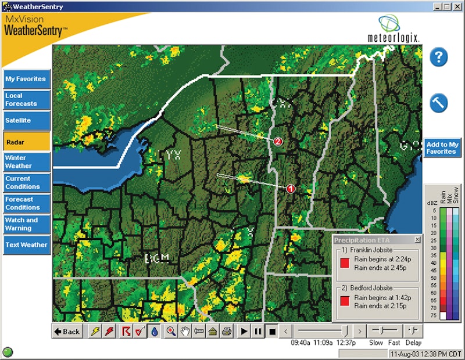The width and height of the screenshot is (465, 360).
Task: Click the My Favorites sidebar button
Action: pos(26,79)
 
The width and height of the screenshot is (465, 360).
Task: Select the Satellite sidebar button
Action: pos(26,120)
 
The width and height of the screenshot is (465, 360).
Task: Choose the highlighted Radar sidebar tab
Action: pos(26,141)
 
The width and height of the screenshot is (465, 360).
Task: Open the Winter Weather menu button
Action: pos(26,162)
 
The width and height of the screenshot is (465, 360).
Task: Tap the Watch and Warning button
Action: pos(26,224)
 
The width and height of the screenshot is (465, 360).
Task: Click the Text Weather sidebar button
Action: pos(26,245)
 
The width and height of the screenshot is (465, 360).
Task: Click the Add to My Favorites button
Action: pos(442,148)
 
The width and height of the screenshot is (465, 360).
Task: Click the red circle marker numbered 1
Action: pos(291,188)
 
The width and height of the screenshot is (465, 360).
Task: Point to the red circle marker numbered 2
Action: pos(278,141)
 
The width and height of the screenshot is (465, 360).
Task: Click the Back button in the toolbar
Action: pos(67,332)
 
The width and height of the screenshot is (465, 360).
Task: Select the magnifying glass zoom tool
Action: pos(171,332)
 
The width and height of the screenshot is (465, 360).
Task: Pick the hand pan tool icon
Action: pos(185,332)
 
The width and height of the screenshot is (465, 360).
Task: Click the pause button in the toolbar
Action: pos(257,332)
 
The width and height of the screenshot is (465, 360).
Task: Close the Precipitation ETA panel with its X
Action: pos(417,240)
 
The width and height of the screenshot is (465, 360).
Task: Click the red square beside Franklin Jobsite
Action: pos(345,263)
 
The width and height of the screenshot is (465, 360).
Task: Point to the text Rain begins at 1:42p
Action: pos(375,297)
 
